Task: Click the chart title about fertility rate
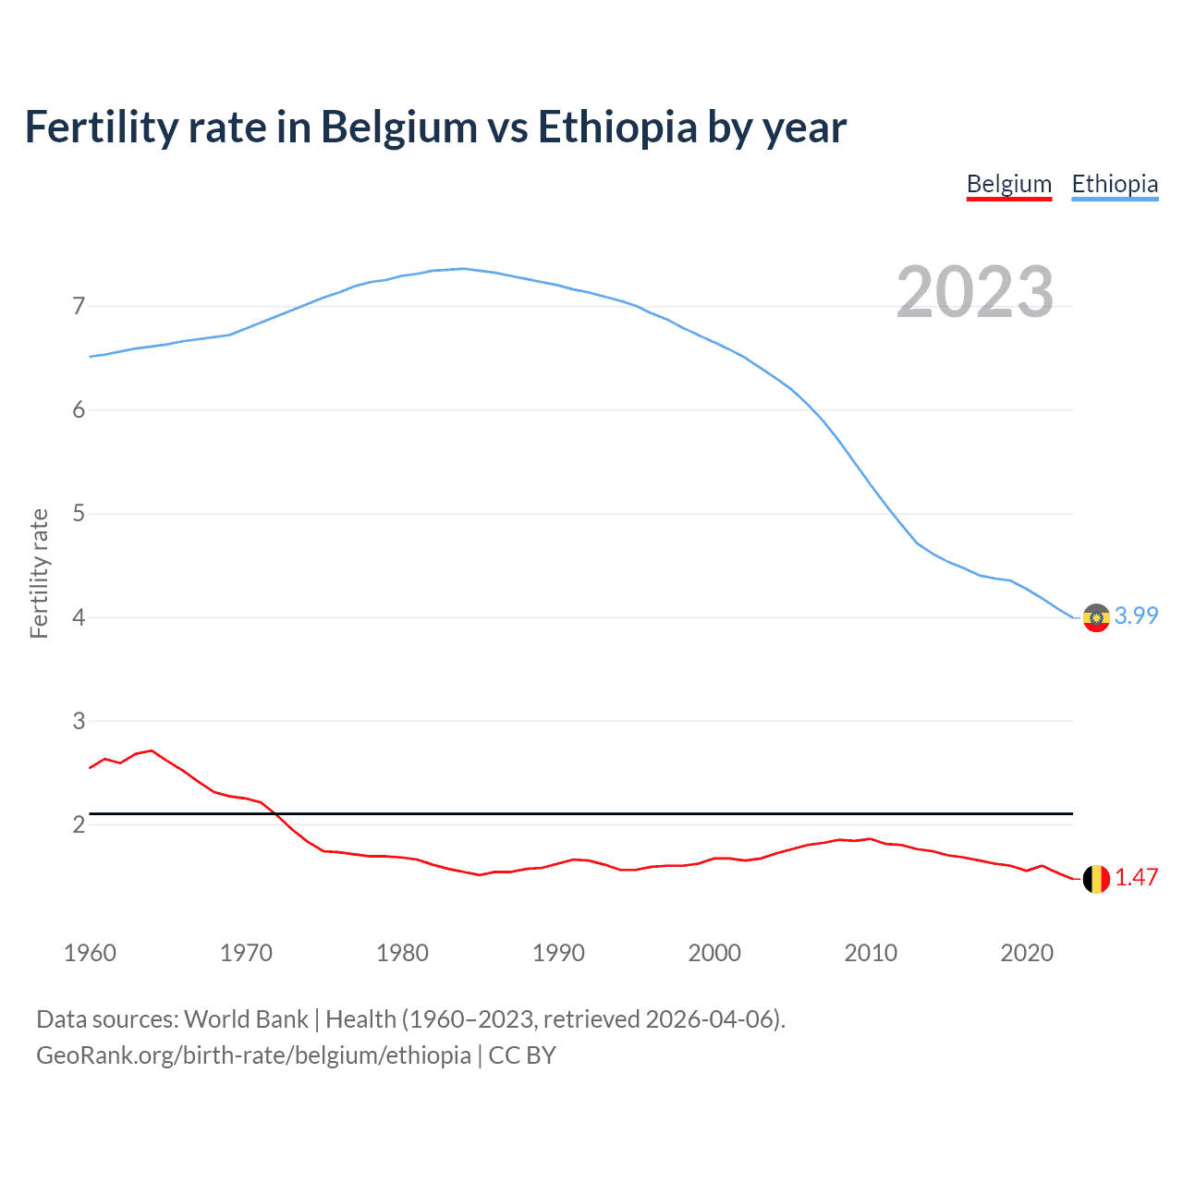tap(435, 128)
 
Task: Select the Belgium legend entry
tap(1008, 184)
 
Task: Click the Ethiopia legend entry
tap(1114, 184)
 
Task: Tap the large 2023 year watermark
tap(974, 292)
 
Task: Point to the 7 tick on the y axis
tap(79, 306)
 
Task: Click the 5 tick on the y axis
tap(79, 513)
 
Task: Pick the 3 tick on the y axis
tap(79, 720)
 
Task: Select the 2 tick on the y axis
tap(79, 823)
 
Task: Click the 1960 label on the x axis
tap(90, 953)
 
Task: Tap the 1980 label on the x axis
tap(402, 953)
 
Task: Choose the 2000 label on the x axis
tap(714, 953)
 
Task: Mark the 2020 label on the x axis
tap(1027, 953)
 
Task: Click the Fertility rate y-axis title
tap(39, 573)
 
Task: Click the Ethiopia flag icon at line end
tap(1096, 617)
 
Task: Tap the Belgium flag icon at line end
tap(1096, 879)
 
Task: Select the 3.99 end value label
tap(1136, 616)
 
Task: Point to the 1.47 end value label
tap(1136, 877)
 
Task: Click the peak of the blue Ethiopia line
tap(463, 269)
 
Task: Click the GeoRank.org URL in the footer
tap(253, 1055)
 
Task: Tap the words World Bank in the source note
tap(246, 1019)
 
